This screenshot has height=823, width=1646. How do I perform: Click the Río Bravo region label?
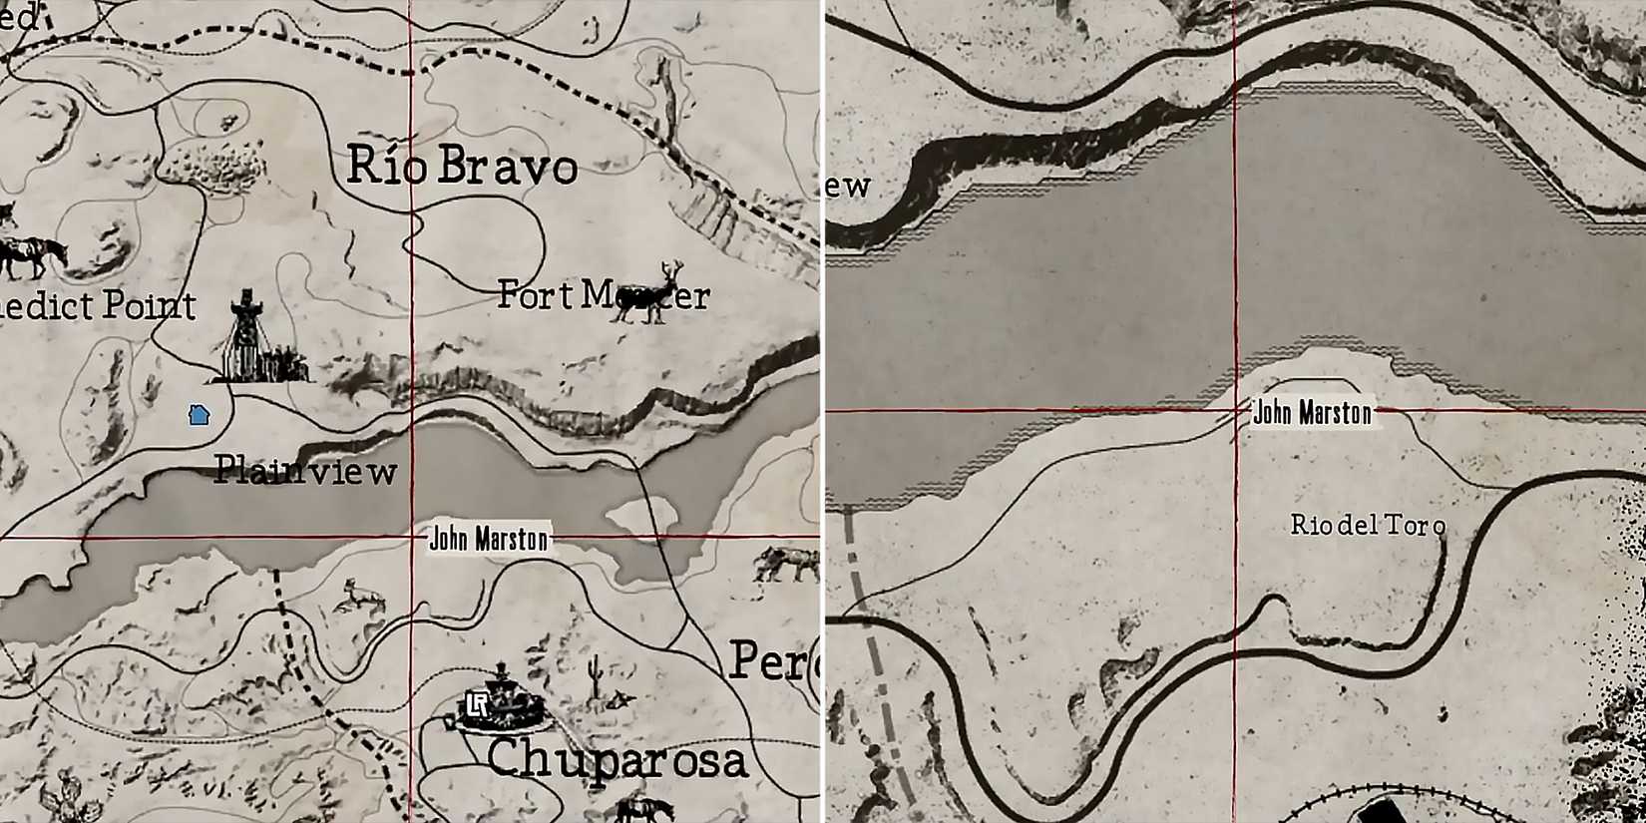[462, 166]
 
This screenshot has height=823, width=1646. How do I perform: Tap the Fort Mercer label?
[603, 295]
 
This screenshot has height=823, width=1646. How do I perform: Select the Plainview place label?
[305, 470]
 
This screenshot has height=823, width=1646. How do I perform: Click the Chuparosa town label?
[617, 760]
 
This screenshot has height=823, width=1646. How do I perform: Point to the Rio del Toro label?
[1368, 525]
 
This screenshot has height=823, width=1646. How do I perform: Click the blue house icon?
[199, 415]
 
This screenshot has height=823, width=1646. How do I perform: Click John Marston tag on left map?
[489, 540]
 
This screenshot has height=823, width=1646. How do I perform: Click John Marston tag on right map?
[1312, 413]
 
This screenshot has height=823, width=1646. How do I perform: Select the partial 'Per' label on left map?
[773, 661]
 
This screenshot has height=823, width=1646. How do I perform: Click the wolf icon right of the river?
[785, 565]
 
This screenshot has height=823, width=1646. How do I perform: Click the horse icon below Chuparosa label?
[638, 810]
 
